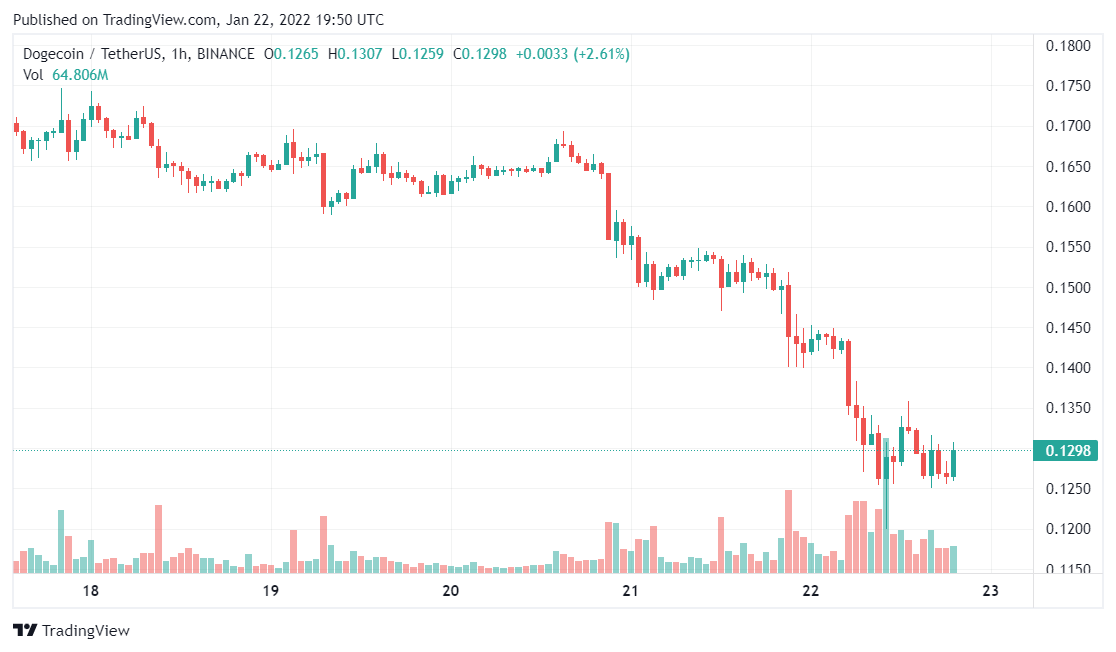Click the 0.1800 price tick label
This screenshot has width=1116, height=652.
coord(1067,46)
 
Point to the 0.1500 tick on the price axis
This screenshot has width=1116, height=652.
coord(1067,288)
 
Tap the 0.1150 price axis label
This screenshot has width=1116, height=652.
coord(1067,569)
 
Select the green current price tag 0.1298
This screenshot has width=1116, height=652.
coord(1067,450)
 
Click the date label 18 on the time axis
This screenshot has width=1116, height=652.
coord(90,591)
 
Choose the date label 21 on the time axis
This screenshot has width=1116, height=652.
coord(630,591)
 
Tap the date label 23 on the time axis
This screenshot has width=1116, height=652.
coord(991,591)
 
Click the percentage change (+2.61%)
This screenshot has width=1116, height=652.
coord(600,54)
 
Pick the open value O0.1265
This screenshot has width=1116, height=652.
coord(291,54)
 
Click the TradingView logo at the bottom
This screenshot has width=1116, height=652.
coord(71,631)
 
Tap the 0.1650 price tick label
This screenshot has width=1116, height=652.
coord(1067,167)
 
